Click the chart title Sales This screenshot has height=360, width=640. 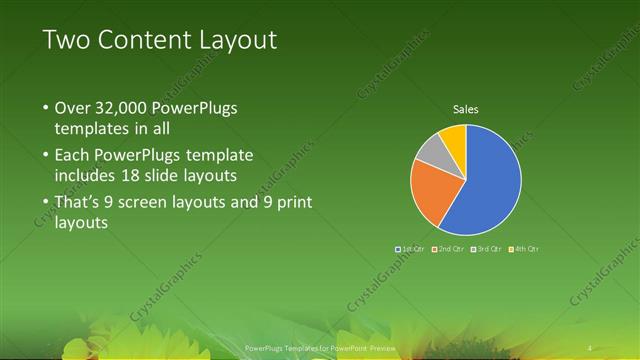click(x=466, y=108)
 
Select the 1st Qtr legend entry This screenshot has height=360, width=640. click(x=410, y=248)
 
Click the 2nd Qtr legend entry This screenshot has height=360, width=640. click(x=447, y=248)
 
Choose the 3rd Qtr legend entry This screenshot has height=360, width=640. click(x=485, y=248)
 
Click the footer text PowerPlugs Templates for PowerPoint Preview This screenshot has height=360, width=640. click(x=320, y=348)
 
